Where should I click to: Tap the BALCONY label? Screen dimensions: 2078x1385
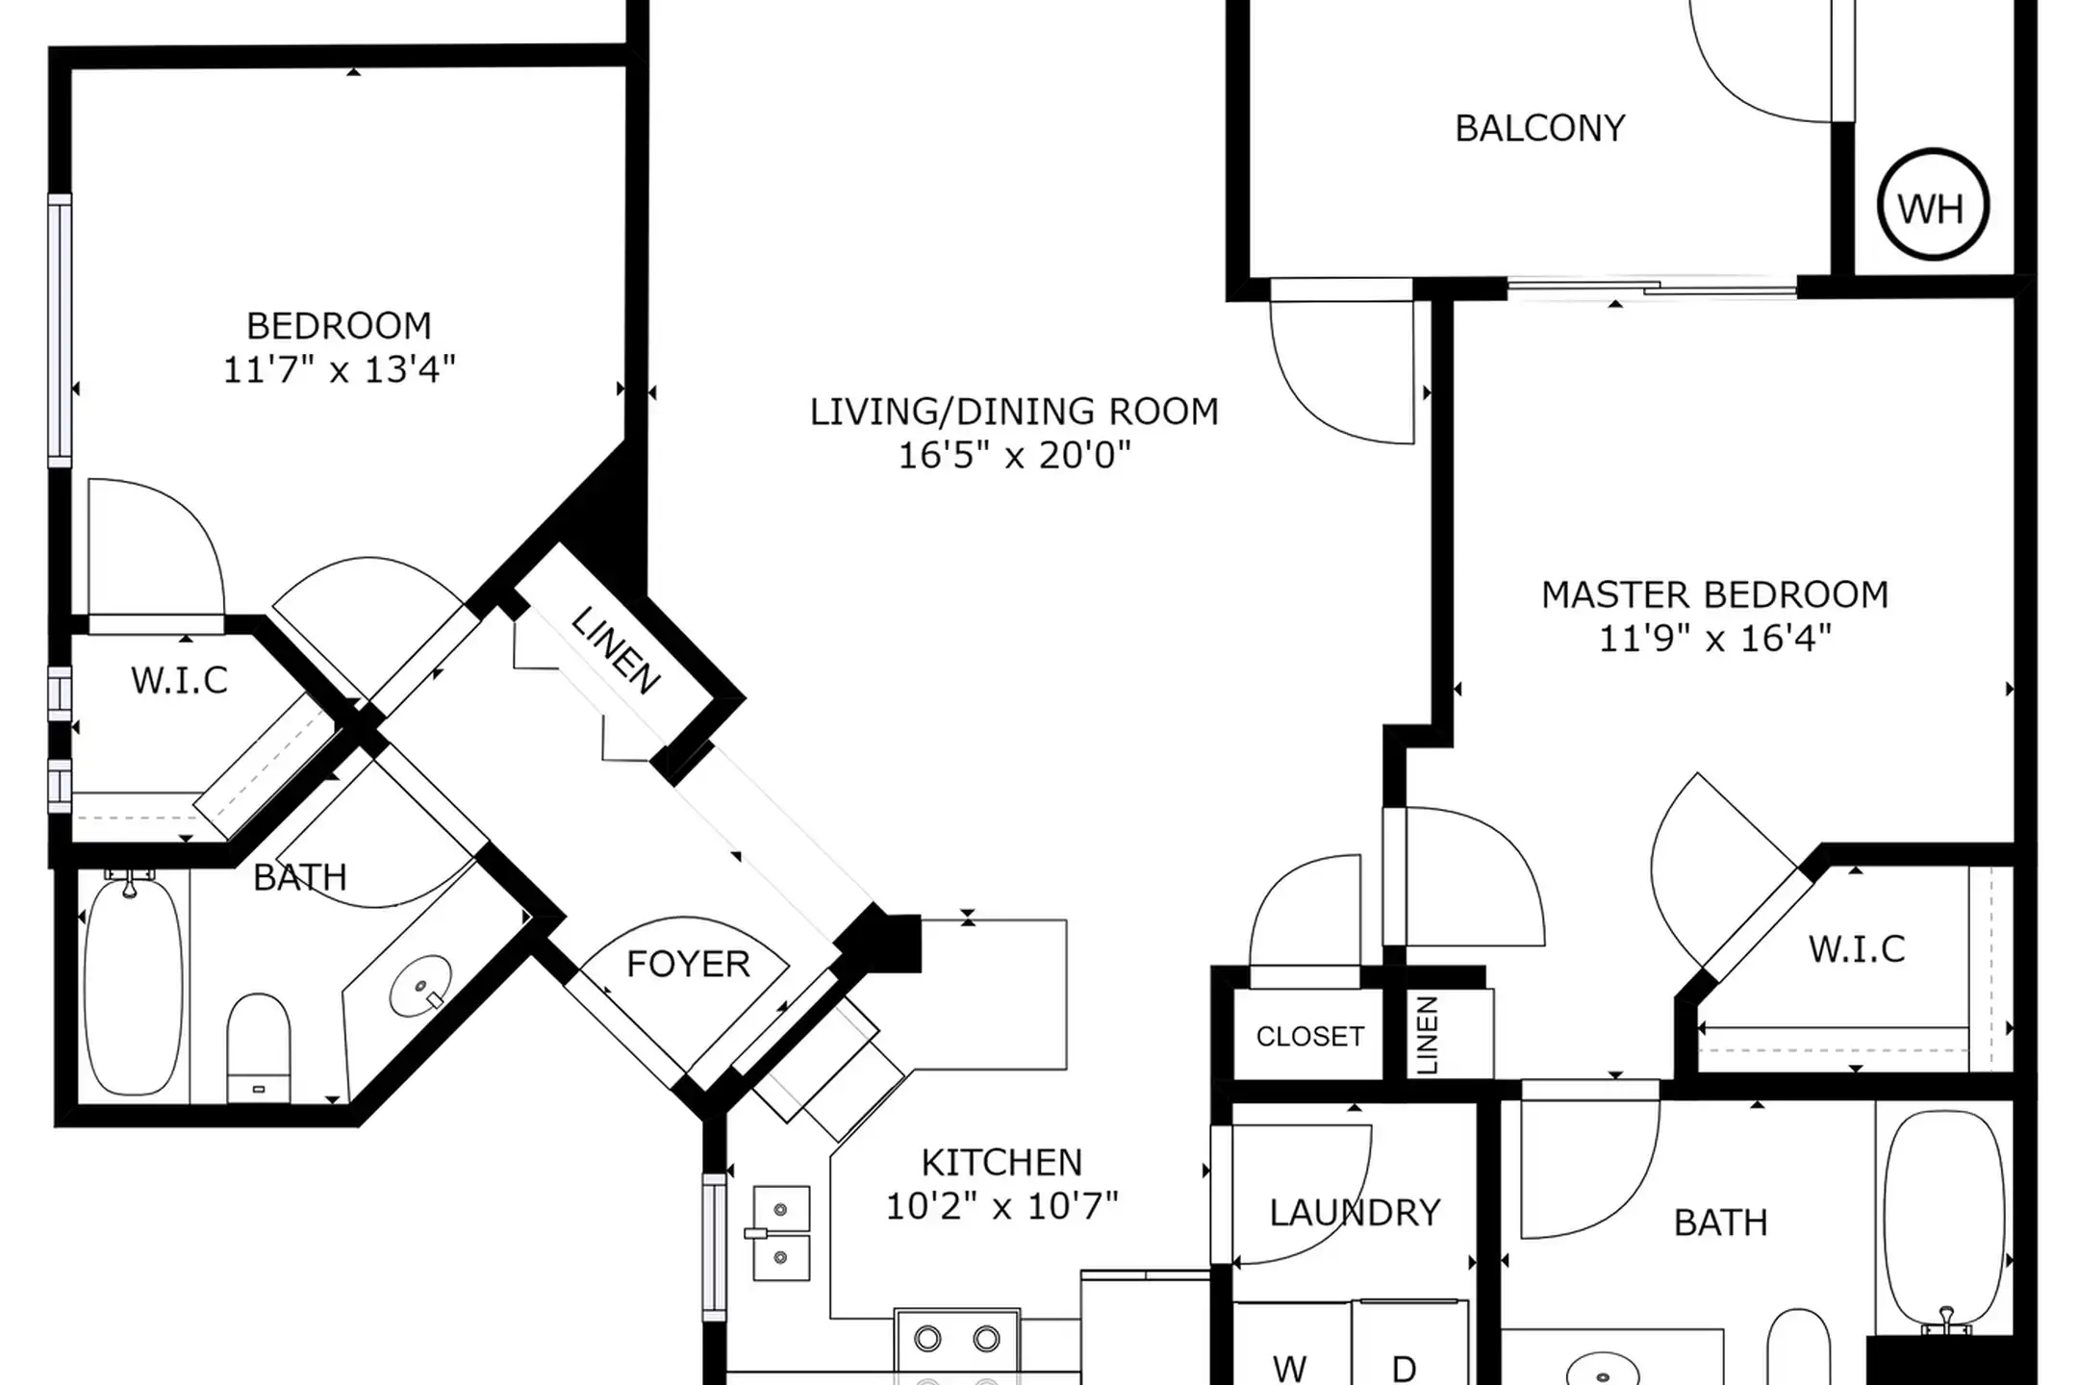tap(1540, 128)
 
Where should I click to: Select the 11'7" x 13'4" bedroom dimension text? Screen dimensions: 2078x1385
tap(339, 369)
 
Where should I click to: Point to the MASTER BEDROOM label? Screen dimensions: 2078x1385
tap(1715, 594)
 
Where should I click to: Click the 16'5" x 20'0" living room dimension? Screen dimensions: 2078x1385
tap(1014, 455)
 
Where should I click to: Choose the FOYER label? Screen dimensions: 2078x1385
tap(688, 964)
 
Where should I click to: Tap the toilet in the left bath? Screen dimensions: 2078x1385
tap(258, 1047)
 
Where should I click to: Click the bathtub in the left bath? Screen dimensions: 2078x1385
tap(133, 984)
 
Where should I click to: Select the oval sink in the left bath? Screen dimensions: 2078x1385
tap(420, 986)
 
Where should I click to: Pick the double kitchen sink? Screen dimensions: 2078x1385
tap(780, 1234)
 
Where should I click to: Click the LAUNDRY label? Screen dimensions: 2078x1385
tap(1355, 1213)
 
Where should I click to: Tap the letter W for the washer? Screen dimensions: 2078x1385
tap(1289, 1368)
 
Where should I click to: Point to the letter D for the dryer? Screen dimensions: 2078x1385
tap(1404, 1368)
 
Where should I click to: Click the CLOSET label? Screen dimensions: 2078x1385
tap(1310, 1036)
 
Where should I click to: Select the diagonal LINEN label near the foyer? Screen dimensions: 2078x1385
tap(616, 651)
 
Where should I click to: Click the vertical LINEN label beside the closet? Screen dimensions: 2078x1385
tap(1428, 1035)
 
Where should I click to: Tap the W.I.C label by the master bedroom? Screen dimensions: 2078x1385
tap(1857, 949)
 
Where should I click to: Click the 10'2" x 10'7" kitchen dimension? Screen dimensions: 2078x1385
tap(1001, 1206)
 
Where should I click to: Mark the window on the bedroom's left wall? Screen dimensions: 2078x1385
tap(60, 330)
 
